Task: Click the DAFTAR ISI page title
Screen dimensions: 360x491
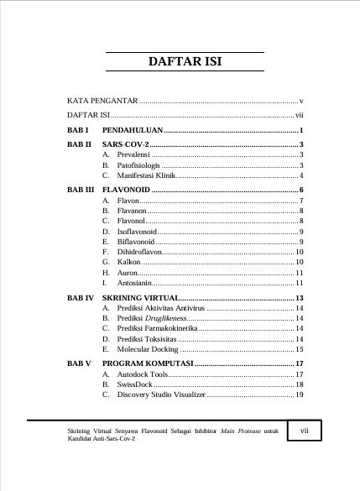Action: click(185, 62)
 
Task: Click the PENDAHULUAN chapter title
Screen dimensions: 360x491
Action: click(133, 132)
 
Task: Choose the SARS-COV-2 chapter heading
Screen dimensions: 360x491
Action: click(125, 145)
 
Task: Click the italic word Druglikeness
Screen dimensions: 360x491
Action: click(162, 320)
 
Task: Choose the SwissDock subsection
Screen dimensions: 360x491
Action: click(135, 384)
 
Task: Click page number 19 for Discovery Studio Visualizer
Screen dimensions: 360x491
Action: click(299, 394)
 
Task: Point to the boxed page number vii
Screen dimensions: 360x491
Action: click(305, 430)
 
